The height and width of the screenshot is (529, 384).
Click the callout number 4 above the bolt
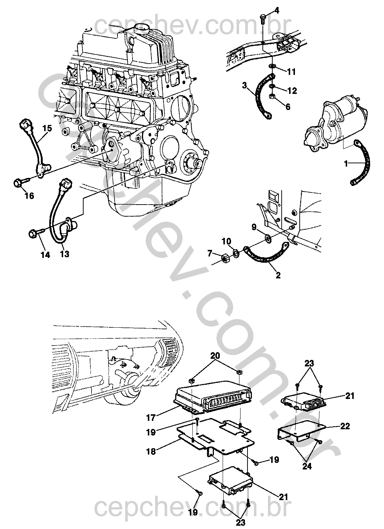click(x=277, y=10)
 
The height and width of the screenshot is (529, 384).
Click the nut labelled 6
click(x=272, y=97)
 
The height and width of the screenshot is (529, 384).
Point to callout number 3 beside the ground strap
click(x=245, y=86)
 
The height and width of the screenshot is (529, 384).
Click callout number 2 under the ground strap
click(x=278, y=275)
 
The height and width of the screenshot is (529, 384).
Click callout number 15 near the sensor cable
click(x=47, y=128)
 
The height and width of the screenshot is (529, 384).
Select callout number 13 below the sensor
click(x=64, y=254)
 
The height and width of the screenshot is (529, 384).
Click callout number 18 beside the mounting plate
click(x=151, y=451)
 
